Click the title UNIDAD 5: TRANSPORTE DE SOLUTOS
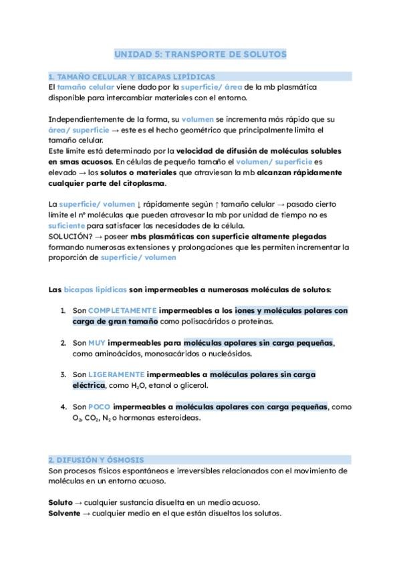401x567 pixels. (x=200, y=53)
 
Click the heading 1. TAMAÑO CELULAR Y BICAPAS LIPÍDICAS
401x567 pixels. (x=132, y=77)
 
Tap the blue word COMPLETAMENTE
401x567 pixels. (x=122, y=311)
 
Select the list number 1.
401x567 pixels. (x=63, y=311)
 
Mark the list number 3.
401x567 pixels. (x=63, y=374)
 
